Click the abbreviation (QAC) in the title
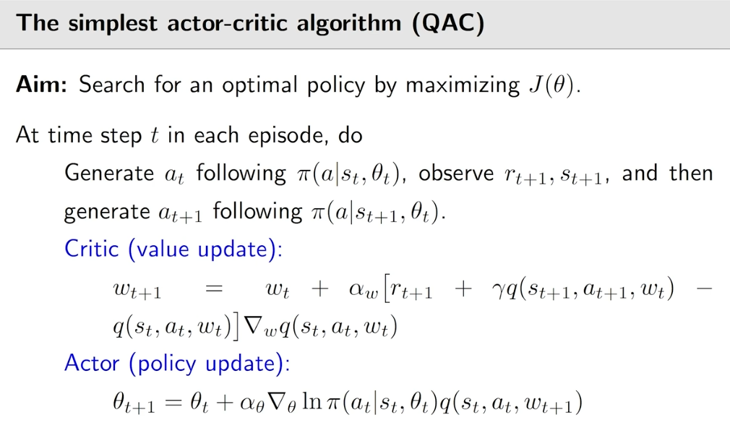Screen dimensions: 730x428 pos(448,23)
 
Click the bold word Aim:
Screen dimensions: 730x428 pos(42,85)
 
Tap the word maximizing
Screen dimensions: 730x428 pos(463,86)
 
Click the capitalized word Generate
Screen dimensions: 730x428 pos(109,173)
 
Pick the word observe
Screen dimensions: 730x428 pos(456,174)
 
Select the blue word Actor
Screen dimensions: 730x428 pos(92,363)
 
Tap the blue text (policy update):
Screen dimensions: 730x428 pos(209,364)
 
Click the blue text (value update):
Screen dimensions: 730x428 pos(205,249)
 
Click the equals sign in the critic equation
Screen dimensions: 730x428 pos(214,289)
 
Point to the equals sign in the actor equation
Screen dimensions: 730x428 pos(173,403)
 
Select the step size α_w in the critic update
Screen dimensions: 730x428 pos(363,290)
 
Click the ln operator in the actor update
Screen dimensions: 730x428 pos(312,401)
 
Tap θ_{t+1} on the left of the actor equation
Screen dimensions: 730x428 pos(134,403)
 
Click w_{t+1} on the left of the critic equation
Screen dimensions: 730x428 pos(137,291)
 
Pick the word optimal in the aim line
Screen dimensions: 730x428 pos(259,86)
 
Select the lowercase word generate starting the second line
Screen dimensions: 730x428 pos(107,213)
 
